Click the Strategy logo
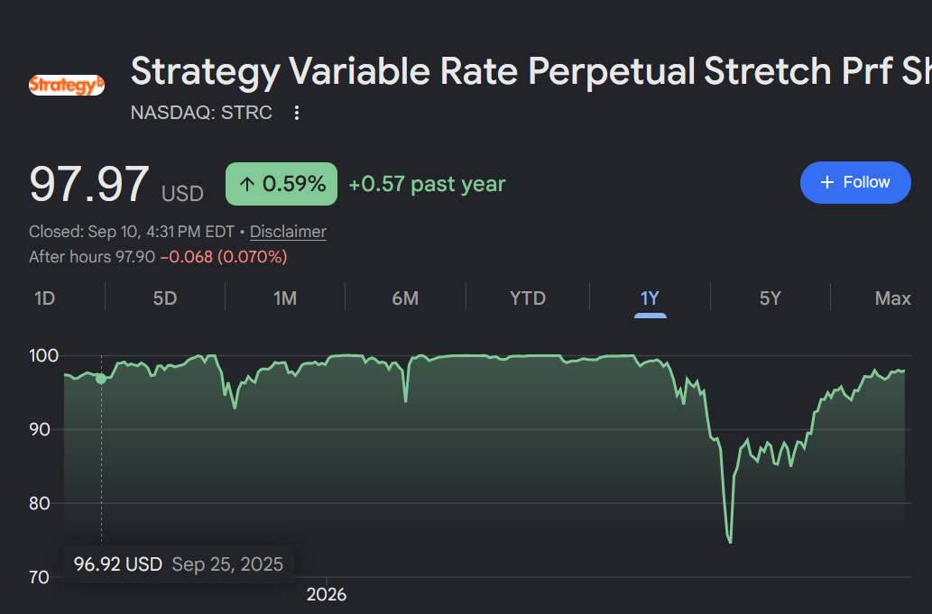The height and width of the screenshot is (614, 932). point(67,85)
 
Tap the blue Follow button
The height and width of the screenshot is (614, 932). point(855,182)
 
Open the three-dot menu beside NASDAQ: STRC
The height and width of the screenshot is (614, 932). point(297,113)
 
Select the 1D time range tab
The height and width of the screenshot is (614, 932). point(44,298)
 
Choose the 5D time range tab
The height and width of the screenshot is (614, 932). point(165,298)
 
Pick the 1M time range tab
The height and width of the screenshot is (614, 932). point(285,298)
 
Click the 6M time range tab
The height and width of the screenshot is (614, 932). point(405,298)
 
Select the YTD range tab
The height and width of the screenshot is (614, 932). point(528,298)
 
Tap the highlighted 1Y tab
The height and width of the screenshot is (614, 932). point(651,298)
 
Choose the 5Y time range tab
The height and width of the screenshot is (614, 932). point(771,298)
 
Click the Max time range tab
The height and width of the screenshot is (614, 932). point(893,298)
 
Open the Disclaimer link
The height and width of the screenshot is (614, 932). point(289,232)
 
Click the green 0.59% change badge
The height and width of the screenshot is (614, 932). point(281,184)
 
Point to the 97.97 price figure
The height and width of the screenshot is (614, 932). point(89,185)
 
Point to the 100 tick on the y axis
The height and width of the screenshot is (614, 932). point(44,356)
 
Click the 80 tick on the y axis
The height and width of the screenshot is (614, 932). point(40,503)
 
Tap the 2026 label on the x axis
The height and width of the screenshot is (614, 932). point(327,594)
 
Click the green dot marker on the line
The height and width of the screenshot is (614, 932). point(101,379)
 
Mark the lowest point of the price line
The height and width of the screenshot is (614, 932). point(730,542)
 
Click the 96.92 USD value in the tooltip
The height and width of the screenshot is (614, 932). point(117,564)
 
